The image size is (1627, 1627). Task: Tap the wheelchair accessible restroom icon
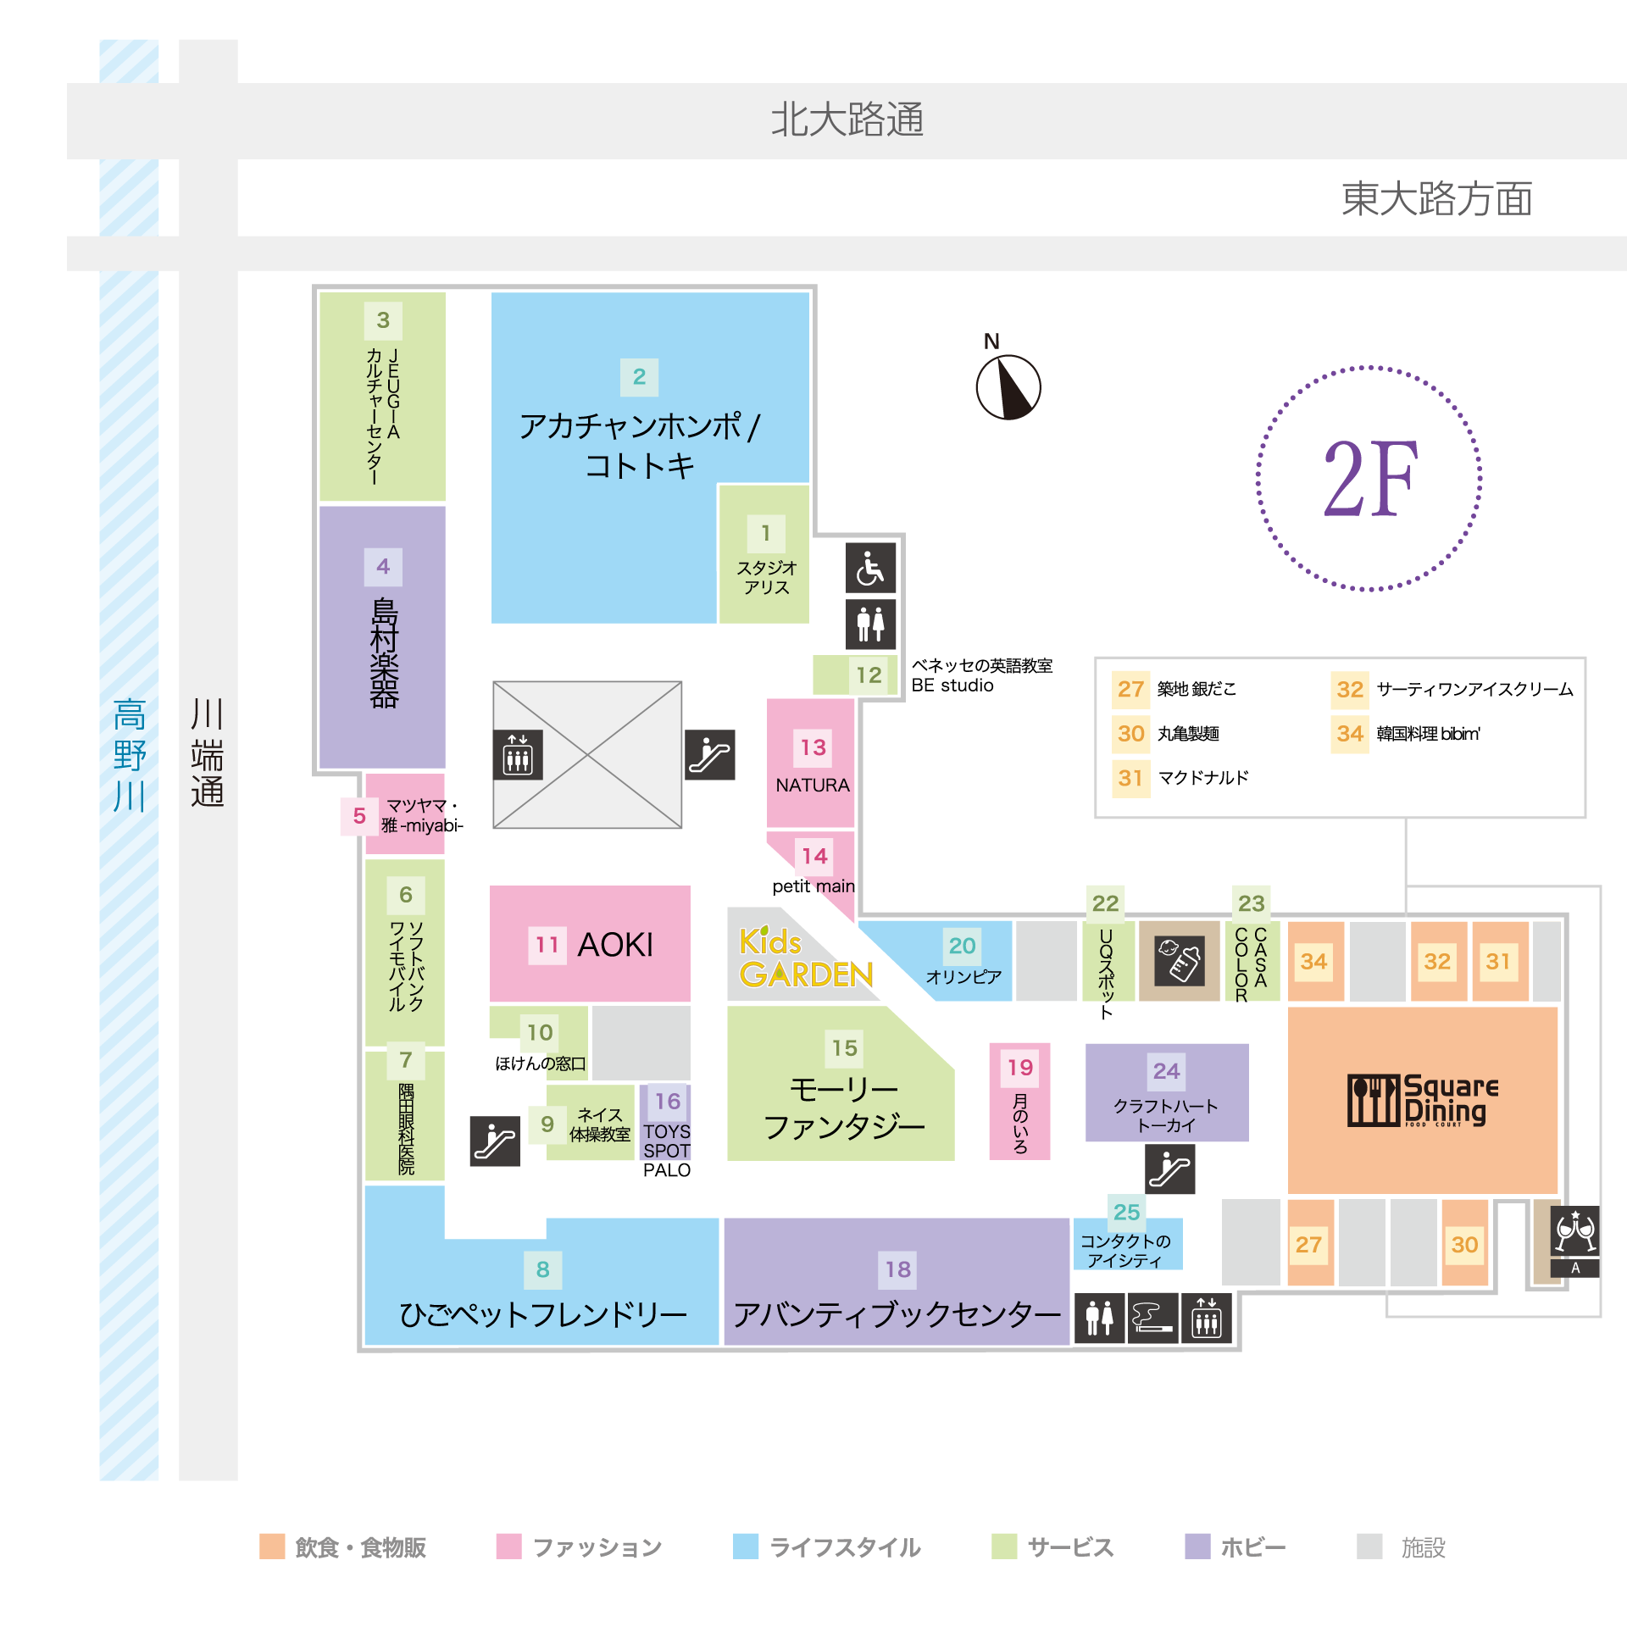tap(870, 568)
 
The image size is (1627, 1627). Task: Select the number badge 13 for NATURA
tap(813, 747)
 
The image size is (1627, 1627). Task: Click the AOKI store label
tap(615, 944)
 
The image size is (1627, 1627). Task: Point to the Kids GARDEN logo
tap(805, 958)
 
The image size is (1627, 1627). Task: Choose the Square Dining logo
tap(1423, 1100)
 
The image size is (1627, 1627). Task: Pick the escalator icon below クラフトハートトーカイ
tap(1169, 1169)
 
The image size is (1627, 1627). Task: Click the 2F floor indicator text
tap(1369, 479)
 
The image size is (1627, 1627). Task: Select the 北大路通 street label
tap(847, 119)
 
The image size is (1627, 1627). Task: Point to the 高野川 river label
tap(130, 755)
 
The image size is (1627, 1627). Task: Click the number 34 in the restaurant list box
tap(1350, 734)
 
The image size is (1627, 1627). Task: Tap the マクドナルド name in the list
tap(1203, 778)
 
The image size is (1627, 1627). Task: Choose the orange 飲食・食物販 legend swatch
tap(272, 1546)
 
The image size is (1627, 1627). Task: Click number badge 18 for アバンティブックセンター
tap(898, 1269)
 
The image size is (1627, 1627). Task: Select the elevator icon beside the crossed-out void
tap(518, 754)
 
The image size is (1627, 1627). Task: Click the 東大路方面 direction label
tap(1437, 199)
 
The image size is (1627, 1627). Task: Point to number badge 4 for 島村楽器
tap(383, 566)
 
